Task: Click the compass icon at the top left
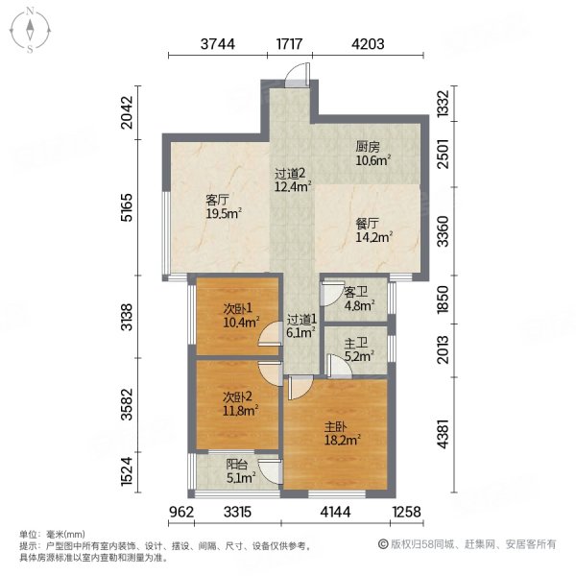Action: click(32, 29)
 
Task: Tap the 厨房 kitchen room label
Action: click(369, 147)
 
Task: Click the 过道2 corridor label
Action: click(290, 174)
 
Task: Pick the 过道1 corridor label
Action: click(300, 319)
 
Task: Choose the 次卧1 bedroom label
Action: click(238, 308)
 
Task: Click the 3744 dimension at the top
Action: click(218, 44)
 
